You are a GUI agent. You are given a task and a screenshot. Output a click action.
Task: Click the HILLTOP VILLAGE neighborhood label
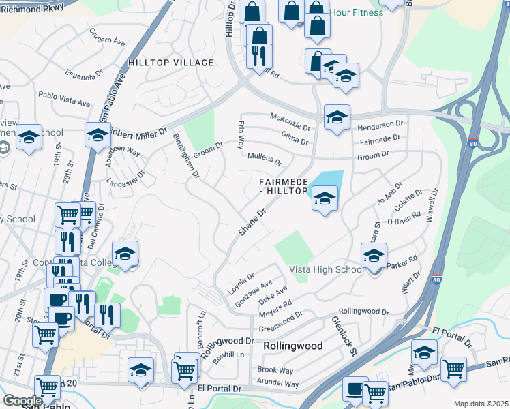170,63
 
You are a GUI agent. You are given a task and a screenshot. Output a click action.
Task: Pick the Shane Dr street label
250,224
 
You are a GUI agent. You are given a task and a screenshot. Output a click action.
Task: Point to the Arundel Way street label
278,384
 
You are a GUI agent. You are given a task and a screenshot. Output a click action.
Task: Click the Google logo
22,401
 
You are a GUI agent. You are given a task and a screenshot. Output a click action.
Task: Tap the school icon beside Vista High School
374,256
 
